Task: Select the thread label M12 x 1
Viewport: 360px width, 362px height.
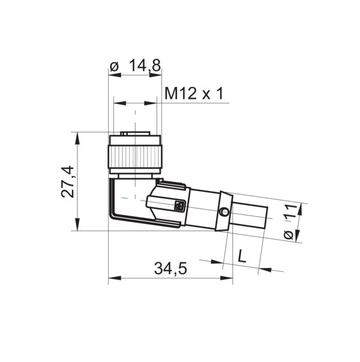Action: (194, 93)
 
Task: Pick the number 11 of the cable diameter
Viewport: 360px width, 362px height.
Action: (290, 212)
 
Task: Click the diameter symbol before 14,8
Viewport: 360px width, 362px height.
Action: (115, 66)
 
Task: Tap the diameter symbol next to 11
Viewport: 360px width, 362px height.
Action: (289, 234)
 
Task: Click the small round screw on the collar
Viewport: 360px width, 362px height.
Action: (223, 212)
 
